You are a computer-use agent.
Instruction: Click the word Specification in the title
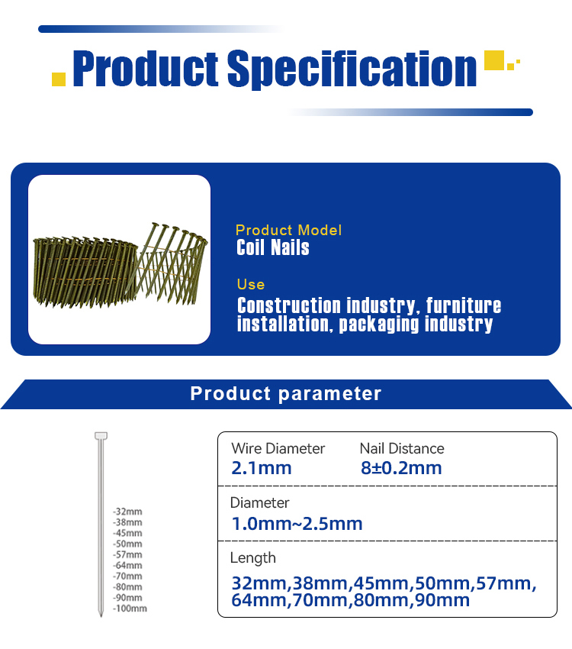click(x=352, y=69)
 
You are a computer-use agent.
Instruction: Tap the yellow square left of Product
click(x=59, y=79)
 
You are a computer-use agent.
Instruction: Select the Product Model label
click(x=288, y=230)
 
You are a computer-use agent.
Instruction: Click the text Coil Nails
click(x=273, y=247)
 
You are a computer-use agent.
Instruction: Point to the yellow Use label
click(x=251, y=284)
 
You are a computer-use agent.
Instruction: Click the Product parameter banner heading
click(x=285, y=393)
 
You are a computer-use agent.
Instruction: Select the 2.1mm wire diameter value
click(x=262, y=468)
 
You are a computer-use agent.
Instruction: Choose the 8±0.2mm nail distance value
click(x=401, y=468)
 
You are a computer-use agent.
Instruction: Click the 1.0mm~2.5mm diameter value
click(x=297, y=524)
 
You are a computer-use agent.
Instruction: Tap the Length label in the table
click(x=253, y=558)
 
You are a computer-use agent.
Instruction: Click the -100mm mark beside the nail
click(x=130, y=609)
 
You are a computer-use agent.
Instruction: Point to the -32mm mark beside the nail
click(x=127, y=512)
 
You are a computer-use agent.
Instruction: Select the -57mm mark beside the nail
click(x=127, y=554)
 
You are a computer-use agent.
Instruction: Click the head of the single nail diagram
click(x=101, y=436)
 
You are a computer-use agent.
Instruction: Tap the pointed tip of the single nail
click(x=101, y=616)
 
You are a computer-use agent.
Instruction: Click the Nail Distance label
click(x=402, y=448)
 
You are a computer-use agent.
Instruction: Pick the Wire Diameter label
click(x=278, y=448)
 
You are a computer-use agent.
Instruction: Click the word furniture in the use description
click(x=463, y=305)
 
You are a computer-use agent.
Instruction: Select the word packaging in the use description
click(x=379, y=324)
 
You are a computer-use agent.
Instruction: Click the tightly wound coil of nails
click(x=85, y=272)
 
